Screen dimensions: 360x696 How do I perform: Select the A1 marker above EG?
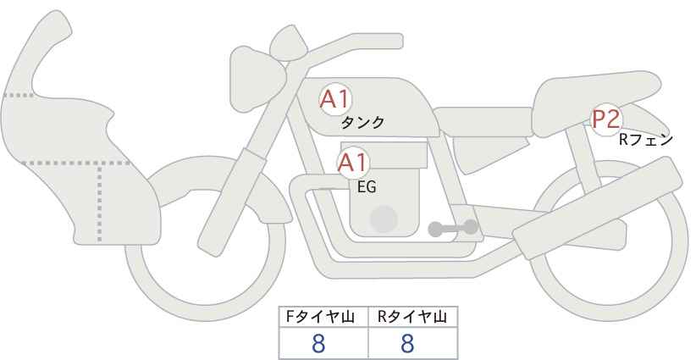tap(353, 163)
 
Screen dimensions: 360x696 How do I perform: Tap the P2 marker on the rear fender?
tap(606, 120)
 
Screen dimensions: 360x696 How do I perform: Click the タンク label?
tap(362, 123)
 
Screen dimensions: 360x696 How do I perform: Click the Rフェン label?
tap(645, 140)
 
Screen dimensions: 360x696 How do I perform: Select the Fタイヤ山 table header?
tap(324, 318)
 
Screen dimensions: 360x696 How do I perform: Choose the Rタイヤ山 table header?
tap(412, 318)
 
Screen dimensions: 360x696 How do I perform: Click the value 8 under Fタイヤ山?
tap(318, 344)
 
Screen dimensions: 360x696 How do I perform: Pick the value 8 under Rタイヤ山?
tap(407, 344)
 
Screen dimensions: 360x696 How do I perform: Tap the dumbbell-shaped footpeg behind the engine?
tap(452, 228)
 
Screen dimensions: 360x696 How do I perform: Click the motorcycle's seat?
tap(593, 93)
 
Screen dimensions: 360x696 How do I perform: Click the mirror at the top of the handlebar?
tap(287, 40)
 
